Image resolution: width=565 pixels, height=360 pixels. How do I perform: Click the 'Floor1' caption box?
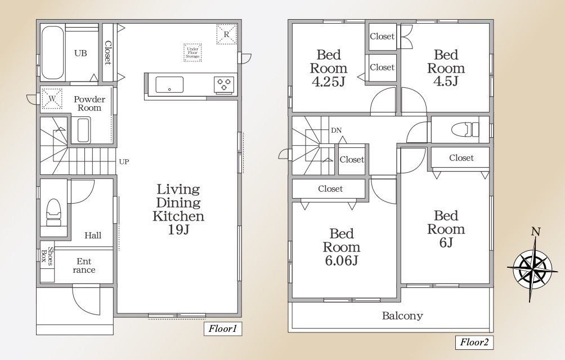click(223, 328)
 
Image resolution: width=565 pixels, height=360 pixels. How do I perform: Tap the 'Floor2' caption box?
click(474, 342)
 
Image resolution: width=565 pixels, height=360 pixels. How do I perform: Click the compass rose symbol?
click(530, 267)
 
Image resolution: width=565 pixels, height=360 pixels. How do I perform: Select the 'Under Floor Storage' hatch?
click(192, 52)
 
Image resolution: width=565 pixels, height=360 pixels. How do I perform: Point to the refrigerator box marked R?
click(227, 34)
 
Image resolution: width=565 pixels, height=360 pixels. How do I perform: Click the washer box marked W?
click(52, 98)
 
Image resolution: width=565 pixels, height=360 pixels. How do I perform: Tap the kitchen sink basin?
click(169, 85)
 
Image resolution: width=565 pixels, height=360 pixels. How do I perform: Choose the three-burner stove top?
click(224, 85)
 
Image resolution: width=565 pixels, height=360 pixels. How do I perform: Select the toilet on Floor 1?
click(53, 211)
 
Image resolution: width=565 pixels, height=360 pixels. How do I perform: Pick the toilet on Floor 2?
click(468, 129)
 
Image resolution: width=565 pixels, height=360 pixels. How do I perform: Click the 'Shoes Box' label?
click(47, 256)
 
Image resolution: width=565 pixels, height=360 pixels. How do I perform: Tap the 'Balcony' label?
click(402, 316)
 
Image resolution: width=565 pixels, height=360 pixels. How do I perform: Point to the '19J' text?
click(178, 229)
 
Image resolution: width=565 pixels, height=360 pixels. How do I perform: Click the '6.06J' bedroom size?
click(341, 260)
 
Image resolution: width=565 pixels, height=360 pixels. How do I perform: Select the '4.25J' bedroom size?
click(328, 82)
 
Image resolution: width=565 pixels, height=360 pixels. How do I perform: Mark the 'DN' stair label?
click(336, 130)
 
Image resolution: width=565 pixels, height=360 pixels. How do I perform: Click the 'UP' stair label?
click(124, 161)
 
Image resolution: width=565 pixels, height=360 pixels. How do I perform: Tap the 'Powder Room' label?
click(89, 103)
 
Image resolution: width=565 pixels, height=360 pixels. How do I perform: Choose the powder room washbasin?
click(84, 129)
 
